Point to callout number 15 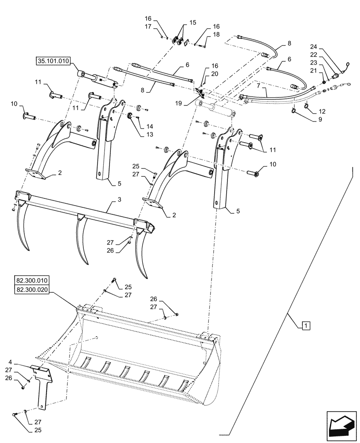point(192,22)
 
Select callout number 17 point(148,27)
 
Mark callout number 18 point(216,35)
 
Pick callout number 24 point(326,47)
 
